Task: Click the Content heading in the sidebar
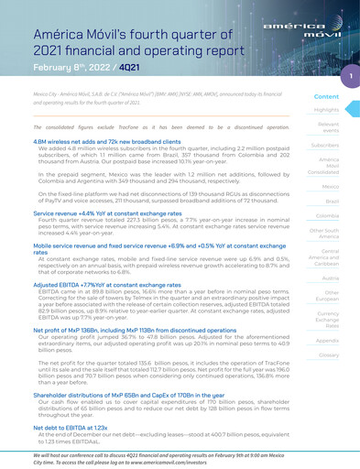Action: point(326,96)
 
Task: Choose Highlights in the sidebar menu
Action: point(326,110)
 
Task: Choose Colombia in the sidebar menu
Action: point(326,216)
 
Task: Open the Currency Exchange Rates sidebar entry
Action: point(327,319)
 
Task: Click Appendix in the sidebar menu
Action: point(327,340)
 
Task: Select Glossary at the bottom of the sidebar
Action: point(327,354)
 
